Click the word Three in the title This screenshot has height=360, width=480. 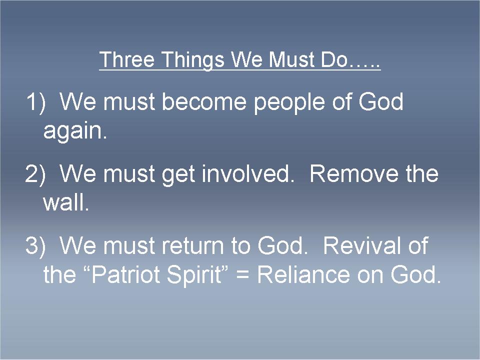tap(127, 59)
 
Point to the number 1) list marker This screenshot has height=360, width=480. tap(35, 102)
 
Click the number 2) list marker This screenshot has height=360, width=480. tap(35, 174)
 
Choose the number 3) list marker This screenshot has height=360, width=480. tap(35, 246)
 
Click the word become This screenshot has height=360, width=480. tap(204, 101)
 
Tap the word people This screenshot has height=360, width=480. tap(288, 103)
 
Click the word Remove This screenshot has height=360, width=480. tap(354, 174)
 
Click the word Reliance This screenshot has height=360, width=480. tap(303, 274)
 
